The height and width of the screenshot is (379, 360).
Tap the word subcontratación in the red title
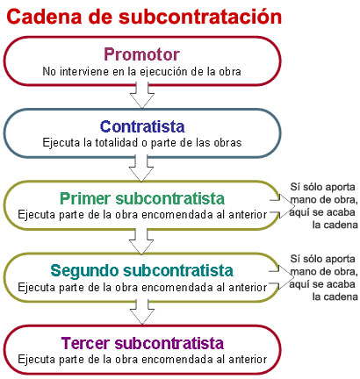(x=200, y=17)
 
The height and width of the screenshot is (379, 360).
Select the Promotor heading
(x=141, y=54)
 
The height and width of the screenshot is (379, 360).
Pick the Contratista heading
(x=142, y=126)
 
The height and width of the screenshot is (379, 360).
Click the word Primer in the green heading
(x=86, y=198)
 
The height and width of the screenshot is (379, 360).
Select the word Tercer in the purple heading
(x=86, y=343)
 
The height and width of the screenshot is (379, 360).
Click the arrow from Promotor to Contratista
(x=142, y=95)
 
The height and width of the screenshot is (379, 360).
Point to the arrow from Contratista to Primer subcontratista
(x=141, y=168)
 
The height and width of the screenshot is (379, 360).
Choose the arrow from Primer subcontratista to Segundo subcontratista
(x=141, y=240)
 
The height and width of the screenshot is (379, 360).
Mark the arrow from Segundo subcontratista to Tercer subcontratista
(x=142, y=312)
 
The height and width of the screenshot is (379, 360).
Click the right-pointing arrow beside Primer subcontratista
(x=283, y=206)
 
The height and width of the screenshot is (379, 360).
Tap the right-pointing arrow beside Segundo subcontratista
(x=282, y=277)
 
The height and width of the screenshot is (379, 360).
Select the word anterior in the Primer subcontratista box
(x=248, y=215)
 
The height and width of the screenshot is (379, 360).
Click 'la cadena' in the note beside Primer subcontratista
(x=335, y=225)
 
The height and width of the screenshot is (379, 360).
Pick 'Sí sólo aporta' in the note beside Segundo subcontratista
(x=322, y=259)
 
